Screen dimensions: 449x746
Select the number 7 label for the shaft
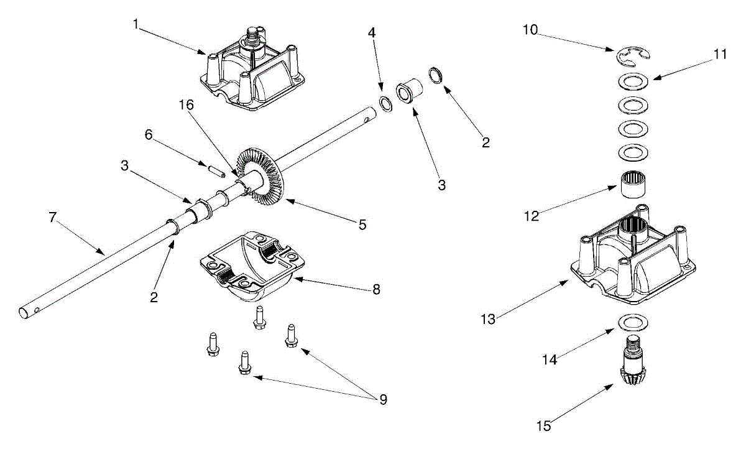coord(52,218)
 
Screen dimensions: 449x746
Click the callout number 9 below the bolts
coord(382,399)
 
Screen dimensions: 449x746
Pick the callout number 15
coord(545,426)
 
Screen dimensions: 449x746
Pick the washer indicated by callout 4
coord(385,104)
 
